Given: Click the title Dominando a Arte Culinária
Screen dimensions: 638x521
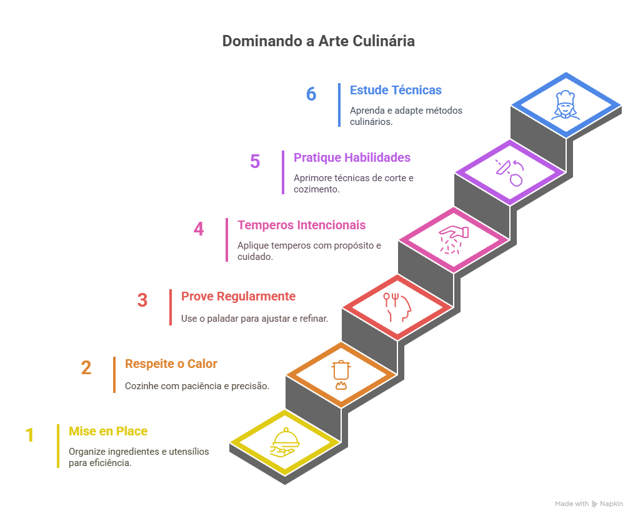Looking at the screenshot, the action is (319, 41).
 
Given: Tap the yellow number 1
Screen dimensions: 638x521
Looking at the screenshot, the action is (30, 435).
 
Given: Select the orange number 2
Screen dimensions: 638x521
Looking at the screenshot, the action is (86, 368).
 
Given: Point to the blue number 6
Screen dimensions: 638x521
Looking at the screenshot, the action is (311, 94).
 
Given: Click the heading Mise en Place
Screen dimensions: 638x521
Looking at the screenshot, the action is (108, 431).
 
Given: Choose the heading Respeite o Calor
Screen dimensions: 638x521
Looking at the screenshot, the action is (171, 364).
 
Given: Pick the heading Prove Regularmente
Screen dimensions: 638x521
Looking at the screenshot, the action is (239, 296).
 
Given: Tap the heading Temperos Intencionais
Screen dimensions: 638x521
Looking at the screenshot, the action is (302, 225).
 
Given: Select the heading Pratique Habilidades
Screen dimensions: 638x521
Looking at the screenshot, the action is (352, 157).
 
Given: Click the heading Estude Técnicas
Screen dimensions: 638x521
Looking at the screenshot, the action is (396, 90).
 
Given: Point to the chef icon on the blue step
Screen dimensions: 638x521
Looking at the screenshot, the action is (566, 106).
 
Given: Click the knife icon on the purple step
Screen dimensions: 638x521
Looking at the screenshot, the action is (510, 172).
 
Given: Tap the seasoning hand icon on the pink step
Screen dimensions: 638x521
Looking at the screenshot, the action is (454, 240).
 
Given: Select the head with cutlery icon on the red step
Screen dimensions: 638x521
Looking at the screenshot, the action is (397, 307).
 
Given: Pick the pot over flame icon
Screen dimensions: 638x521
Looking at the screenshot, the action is (341, 375).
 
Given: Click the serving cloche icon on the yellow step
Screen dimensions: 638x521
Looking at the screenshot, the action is (285, 442).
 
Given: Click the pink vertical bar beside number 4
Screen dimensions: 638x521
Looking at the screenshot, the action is (227, 240).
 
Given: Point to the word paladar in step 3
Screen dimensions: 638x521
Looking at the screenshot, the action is (222, 319).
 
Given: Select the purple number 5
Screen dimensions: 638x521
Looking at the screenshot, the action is (255, 161).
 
